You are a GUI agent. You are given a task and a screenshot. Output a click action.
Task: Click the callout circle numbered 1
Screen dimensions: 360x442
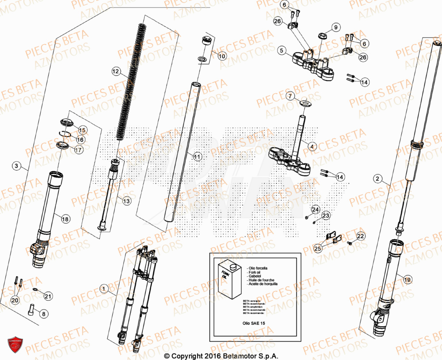[x=104, y=289]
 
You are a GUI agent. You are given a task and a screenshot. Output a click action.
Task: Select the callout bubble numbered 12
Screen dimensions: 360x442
[x=116, y=71]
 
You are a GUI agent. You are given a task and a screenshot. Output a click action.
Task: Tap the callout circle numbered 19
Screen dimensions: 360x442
[x=408, y=279]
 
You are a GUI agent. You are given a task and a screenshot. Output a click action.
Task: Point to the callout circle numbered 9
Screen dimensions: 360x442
[x=335, y=27]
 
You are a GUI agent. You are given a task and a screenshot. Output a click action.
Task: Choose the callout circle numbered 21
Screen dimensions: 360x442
[x=48, y=296]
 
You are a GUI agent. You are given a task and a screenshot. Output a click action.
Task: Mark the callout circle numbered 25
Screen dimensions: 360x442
[x=318, y=249]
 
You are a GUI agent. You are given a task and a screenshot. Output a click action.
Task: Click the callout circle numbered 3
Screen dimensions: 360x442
[x=16, y=166]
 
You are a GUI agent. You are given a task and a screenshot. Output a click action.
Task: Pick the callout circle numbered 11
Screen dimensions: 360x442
[x=197, y=156]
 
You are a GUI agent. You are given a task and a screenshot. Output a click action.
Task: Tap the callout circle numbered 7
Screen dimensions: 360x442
[x=290, y=96]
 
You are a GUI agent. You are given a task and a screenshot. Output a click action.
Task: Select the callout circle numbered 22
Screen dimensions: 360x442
[x=361, y=237]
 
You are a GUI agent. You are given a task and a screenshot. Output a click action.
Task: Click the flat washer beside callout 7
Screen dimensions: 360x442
[x=305, y=103]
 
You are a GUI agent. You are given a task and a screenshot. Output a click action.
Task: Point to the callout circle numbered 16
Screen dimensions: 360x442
[x=80, y=140]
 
